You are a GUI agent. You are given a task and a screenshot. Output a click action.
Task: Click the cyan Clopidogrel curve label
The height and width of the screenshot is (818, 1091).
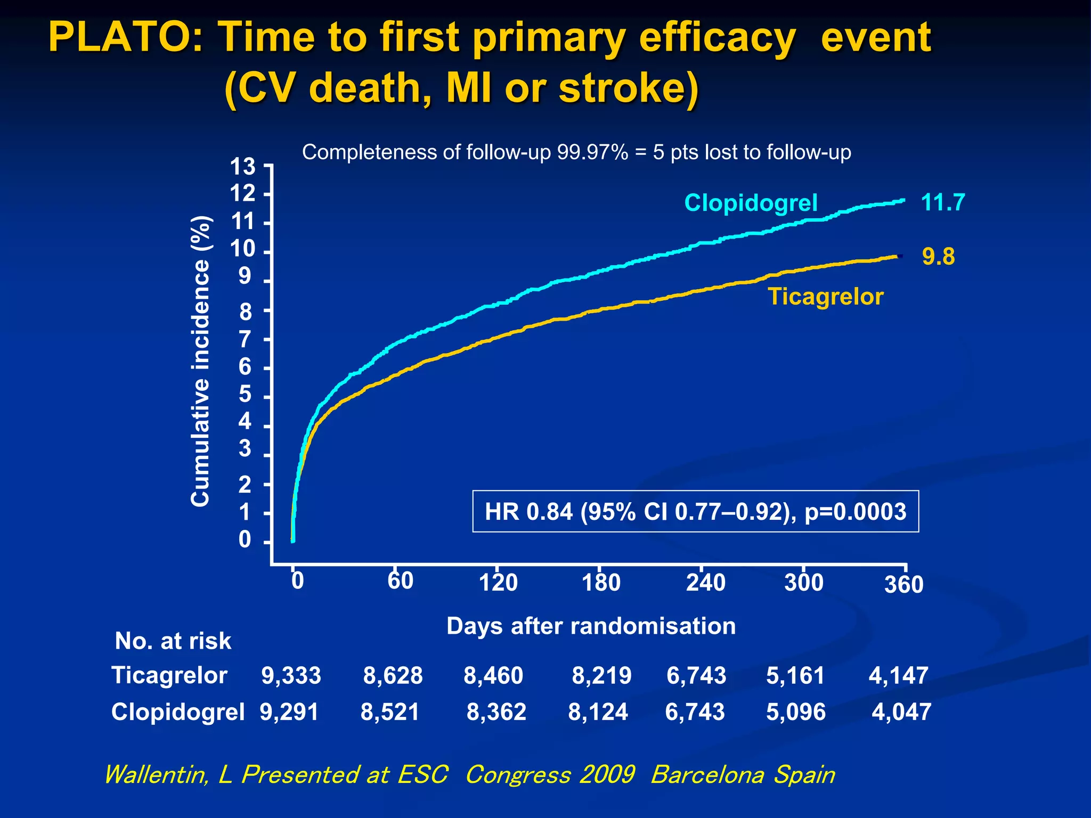[x=750, y=203]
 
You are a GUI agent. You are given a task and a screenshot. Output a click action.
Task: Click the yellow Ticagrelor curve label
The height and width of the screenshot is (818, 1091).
[x=825, y=297]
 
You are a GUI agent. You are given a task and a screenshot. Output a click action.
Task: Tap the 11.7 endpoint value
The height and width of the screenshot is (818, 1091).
[x=943, y=202]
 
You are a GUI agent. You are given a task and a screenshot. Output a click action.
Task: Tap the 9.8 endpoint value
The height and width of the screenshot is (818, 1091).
[x=938, y=257]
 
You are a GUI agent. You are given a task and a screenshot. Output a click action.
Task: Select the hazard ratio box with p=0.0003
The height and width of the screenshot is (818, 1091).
[x=695, y=511]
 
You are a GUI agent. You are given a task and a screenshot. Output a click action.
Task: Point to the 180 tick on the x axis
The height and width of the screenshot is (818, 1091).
[x=601, y=582]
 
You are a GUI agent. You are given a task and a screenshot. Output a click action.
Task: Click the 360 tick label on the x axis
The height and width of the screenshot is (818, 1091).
[x=903, y=585]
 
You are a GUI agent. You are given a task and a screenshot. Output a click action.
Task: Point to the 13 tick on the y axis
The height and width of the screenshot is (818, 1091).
[x=242, y=167]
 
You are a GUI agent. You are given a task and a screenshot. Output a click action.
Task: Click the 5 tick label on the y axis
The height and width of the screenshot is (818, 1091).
[x=245, y=395]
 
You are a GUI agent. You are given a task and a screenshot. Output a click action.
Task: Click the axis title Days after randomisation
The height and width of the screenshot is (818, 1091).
[x=591, y=626]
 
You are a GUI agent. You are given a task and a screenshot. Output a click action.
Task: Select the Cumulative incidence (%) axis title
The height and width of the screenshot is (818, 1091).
[x=201, y=361]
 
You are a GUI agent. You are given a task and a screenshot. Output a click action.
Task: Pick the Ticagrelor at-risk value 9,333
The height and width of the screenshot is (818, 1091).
[x=291, y=676]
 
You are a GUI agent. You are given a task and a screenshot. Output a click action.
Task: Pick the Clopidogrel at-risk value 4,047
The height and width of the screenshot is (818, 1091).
[x=901, y=712]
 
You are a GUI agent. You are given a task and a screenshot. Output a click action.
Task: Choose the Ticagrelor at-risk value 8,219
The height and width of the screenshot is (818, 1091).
[x=601, y=676]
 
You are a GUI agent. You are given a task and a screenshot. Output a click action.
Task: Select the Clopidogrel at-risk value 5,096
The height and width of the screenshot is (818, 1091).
[x=796, y=712]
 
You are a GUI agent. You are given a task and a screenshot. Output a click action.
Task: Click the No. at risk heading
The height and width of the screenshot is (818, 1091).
[x=173, y=641]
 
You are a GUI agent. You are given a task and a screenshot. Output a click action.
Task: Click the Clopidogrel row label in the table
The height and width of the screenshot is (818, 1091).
[x=178, y=712]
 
